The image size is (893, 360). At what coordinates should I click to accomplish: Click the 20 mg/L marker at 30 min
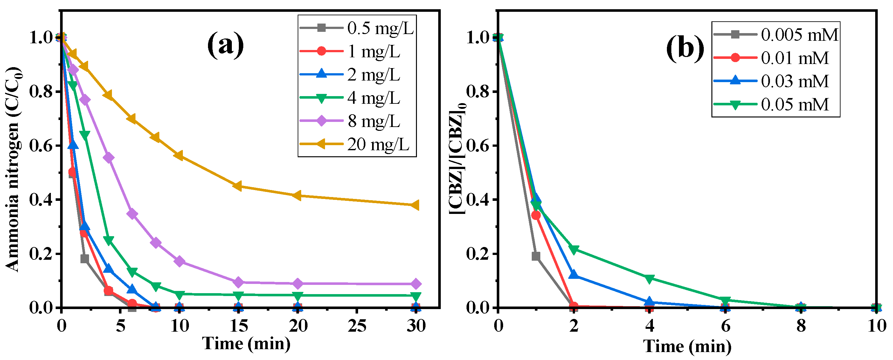[x=416, y=205]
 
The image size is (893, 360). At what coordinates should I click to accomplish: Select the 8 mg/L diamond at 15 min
[x=238, y=282]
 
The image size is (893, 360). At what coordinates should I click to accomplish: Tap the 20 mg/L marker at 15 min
[x=238, y=186]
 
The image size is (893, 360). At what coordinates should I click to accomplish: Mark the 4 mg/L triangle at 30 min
[x=416, y=296]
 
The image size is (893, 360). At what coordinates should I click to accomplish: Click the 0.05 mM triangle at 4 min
[x=649, y=279]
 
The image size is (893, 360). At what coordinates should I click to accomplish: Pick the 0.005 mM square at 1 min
[x=536, y=256]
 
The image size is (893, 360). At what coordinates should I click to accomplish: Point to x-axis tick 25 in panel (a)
[x=357, y=326]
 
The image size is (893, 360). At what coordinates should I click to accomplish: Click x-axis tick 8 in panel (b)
[x=801, y=326]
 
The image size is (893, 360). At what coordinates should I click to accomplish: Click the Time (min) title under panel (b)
[x=687, y=346]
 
